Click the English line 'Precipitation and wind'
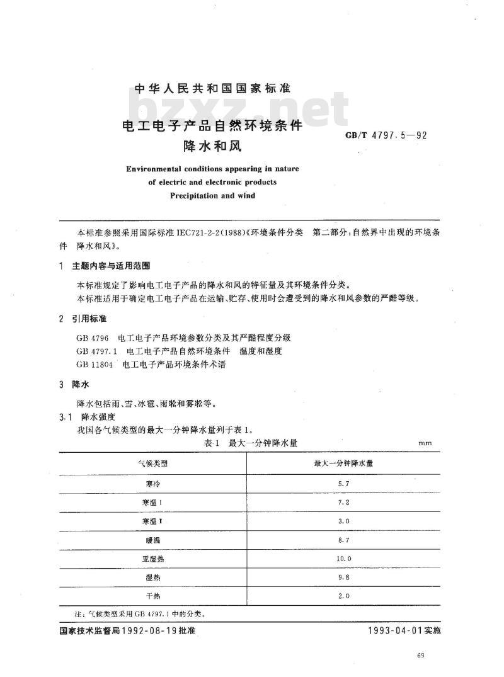click(x=212, y=196)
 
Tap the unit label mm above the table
click(x=425, y=444)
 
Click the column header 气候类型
click(x=152, y=464)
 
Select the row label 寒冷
click(x=152, y=483)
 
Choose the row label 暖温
click(x=152, y=540)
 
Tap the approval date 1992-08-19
click(x=152, y=630)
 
